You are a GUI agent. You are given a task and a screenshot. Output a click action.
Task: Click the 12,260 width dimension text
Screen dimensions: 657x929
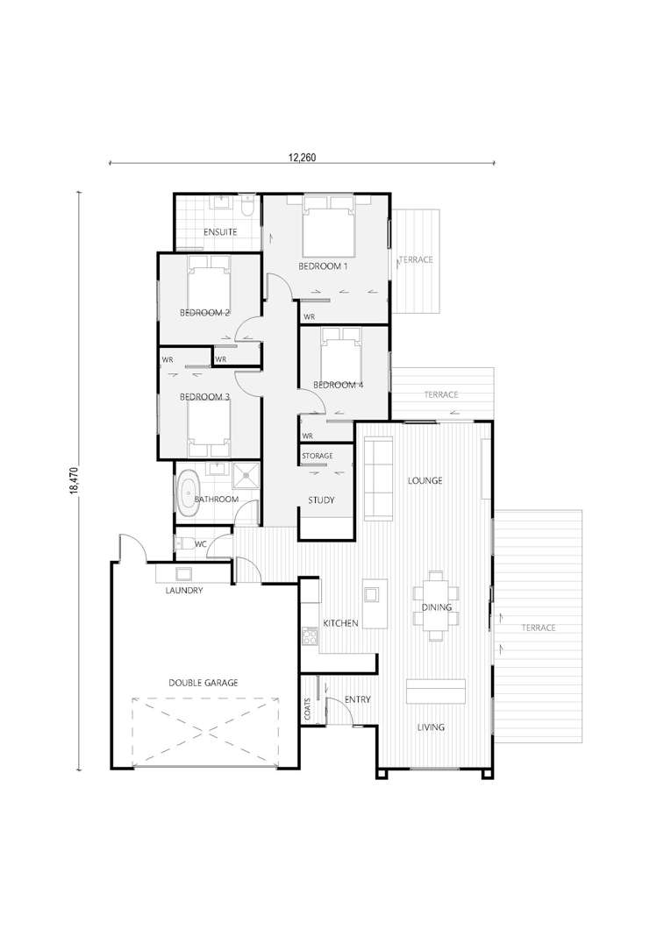[x=302, y=157]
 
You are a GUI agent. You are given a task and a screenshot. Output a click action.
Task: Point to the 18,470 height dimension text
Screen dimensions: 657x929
[x=74, y=480]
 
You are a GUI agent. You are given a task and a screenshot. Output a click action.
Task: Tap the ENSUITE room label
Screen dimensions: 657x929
[x=220, y=231]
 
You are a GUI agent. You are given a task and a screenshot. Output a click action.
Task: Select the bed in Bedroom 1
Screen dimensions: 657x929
[x=328, y=227]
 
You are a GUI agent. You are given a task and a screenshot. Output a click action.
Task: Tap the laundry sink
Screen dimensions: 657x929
[x=183, y=573]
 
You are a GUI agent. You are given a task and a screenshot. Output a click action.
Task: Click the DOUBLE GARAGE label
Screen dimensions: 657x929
[x=204, y=683]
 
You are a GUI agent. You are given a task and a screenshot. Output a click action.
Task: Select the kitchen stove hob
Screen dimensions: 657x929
[x=311, y=637]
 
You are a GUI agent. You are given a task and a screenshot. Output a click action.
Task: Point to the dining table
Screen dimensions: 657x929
[x=437, y=606]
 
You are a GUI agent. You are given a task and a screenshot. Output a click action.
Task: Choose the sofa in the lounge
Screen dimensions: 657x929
[x=378, y=479]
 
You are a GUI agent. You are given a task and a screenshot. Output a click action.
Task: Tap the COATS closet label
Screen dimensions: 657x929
[x=307, y=709]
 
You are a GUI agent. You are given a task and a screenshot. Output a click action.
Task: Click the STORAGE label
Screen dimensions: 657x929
[x=318, y=456]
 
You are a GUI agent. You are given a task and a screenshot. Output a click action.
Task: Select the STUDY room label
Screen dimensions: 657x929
[x=321, y=500]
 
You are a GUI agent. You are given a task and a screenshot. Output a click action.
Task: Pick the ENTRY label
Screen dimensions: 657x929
[x=358, y=699]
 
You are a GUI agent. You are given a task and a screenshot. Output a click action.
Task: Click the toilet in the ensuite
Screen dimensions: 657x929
[x=248, y=206]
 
